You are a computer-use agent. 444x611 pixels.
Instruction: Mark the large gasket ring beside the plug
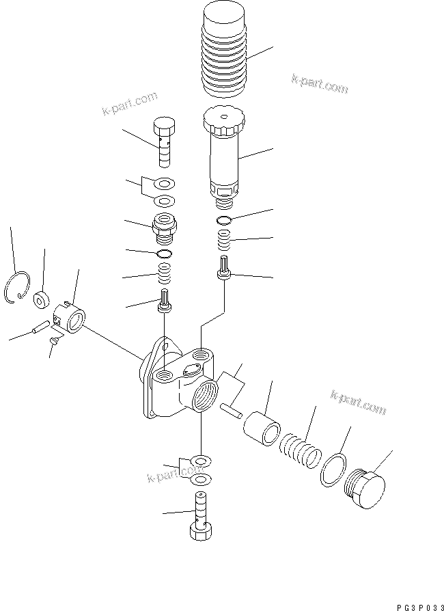334,470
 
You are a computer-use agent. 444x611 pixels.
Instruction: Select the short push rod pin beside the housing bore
230,409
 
